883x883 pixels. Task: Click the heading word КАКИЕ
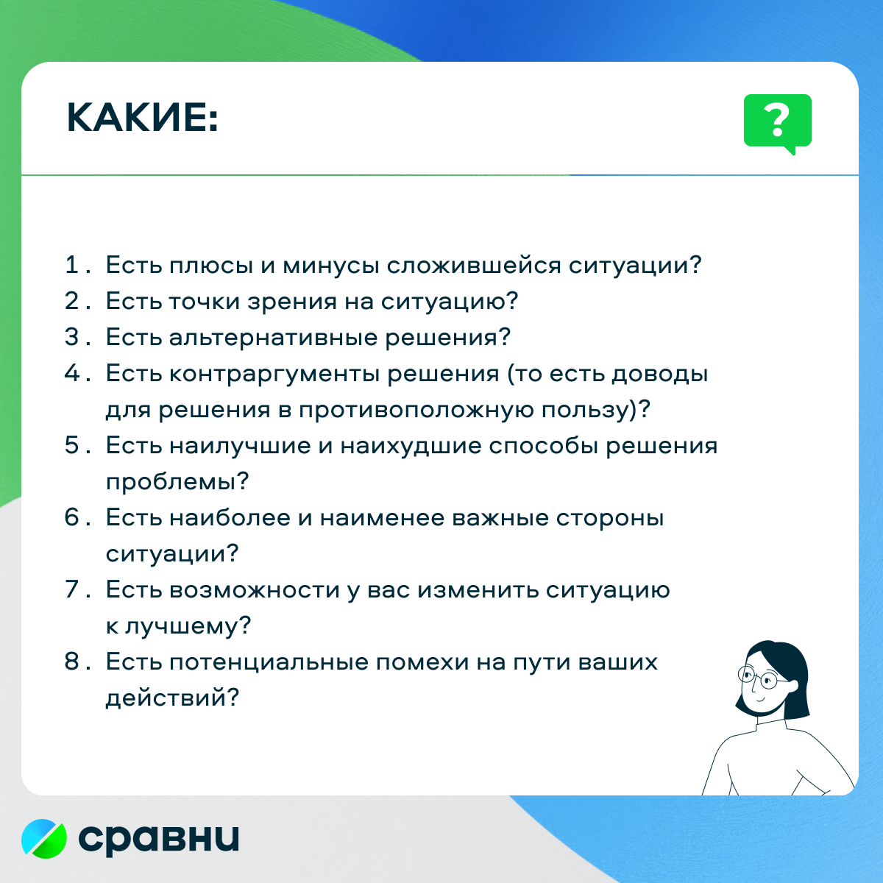click(x=143, y=118)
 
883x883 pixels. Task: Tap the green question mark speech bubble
click(x=778, y=124)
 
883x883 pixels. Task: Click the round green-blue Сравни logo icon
click(x=44, y=839)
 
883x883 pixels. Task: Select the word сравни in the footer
click(x=158, y=840)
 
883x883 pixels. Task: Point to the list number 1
click(x=71, y=265)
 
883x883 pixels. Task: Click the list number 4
click(x=72, y=373)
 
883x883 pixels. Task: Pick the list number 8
click(x=72, y=662)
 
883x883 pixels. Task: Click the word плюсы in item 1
click(x=211, y=266)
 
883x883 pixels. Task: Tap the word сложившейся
click(x=474, y=266)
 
